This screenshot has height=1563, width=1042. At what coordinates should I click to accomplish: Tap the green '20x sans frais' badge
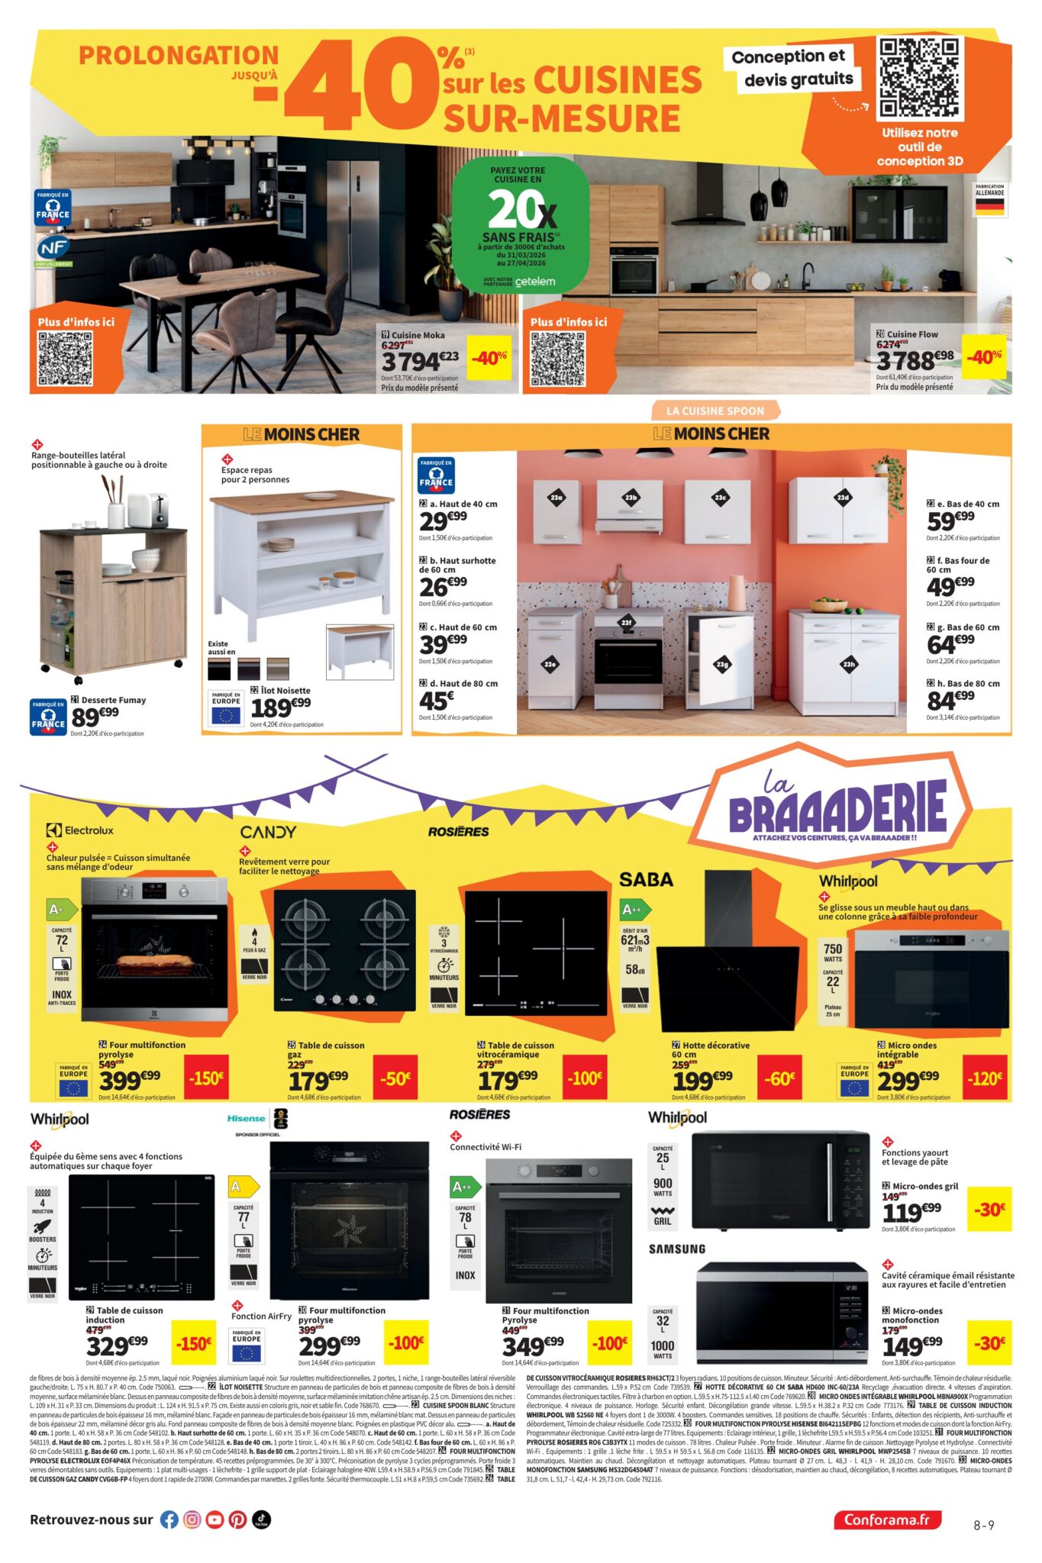521,226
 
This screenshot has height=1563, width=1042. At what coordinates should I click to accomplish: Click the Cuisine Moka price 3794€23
421,360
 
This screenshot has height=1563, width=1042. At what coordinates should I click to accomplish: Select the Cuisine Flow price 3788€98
915,359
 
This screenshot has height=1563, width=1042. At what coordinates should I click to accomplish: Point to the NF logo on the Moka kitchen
53,247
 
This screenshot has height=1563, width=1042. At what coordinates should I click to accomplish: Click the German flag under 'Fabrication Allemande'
989,207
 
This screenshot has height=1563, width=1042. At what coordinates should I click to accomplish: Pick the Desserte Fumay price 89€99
95,717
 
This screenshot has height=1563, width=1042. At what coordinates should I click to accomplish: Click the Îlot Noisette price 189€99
280,707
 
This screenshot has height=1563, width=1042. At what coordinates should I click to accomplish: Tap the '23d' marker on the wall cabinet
843,498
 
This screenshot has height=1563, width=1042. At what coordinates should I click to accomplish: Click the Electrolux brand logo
79,830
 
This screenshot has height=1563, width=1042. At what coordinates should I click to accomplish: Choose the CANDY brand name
268,832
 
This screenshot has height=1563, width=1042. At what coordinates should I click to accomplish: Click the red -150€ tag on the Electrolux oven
207,1078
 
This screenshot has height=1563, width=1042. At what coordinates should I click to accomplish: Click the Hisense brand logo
247,1119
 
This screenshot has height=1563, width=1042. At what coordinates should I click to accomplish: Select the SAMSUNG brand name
677,1249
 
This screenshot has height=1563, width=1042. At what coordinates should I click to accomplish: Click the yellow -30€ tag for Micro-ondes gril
989,1209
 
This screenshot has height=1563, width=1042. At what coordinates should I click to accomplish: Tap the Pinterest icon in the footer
238,1519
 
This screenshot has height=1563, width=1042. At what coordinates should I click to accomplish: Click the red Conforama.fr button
887,1519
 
